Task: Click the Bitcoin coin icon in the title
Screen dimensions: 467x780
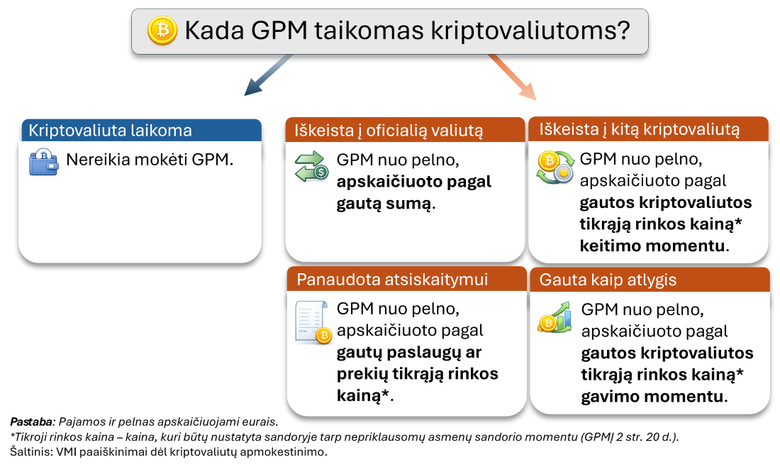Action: click(x=162, y=31)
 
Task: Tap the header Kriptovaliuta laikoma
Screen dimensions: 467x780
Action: click(x=110, y=131)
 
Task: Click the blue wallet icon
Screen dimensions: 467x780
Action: click(x=44, y=162)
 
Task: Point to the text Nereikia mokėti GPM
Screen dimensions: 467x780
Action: click(x=150, y=160)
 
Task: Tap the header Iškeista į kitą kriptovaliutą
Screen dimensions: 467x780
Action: click(x=639, y=130)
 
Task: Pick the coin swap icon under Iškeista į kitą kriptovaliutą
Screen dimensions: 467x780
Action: click(x=554, y=167)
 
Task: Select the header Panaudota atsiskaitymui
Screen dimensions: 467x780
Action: click(x=392, y=280)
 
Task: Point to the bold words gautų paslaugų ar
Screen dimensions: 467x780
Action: click(x=409, y=352)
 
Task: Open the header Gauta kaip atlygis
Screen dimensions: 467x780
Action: click(x=608, y=280)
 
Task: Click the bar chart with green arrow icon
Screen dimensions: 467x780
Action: click(x=555, y=318)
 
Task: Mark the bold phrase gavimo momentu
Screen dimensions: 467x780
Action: click(x=653, y=397)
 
